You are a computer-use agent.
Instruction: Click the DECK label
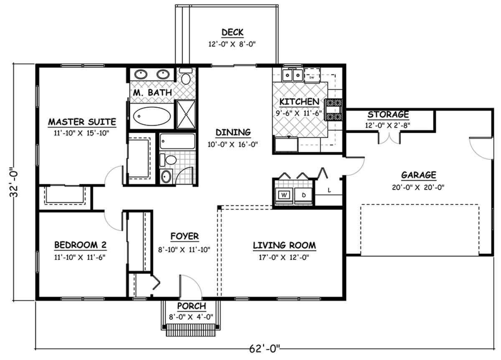[x=233, y=33]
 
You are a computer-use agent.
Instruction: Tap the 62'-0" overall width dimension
[x=265, y=349]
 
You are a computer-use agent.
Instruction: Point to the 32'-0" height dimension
[x=14, y=182]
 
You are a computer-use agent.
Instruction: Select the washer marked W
[x=284, y=195]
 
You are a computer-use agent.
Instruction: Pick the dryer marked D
[x=303, y=195]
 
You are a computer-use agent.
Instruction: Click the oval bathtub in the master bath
[x=152, y=116]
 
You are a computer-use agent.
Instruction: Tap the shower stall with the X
[x=186, y=114]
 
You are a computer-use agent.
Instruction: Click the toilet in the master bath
[x=186, y=76]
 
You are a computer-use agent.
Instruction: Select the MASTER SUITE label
[x=82, y=122]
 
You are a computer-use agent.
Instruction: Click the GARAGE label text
[x=418, y=175]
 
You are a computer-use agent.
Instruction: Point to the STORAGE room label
[x=388, y=114]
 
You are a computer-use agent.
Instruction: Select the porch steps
[x=191, y=330]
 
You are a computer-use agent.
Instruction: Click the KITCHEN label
[x=299, y=102]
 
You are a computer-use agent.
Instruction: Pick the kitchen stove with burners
[x=334, y=110]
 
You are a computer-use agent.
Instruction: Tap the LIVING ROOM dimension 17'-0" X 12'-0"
[x=284, y=258]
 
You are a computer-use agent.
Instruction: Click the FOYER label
[x=185, y=236]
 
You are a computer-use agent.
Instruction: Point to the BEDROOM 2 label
[x=80, y=245]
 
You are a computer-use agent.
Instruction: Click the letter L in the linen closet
[x=329, y=190]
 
